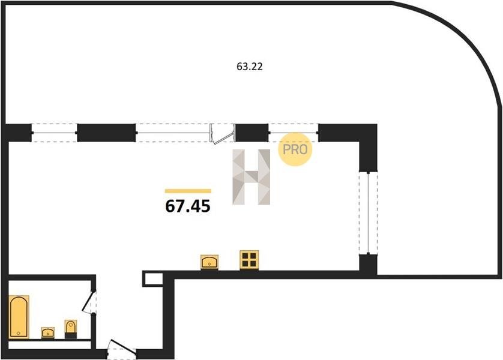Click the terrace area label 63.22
(x=250, y=67)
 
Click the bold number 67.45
(x=188, y=207)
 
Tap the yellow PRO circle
(x=295, y=148)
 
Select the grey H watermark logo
(x=251, y=176)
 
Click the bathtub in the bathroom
(x=19, y=316)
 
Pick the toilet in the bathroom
(x=71, y=328)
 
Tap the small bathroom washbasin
(x=48, y=332)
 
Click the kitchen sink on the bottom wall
(x=209, y=262)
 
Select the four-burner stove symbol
(x=248, y=259)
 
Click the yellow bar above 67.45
(x=188, y=191)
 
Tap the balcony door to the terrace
(x=223, y=133)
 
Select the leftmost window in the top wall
(x=54, y=132)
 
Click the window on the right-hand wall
(x=367, y=213)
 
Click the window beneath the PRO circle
(x=293, y=132)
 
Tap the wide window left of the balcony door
(x=173, y=132)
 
